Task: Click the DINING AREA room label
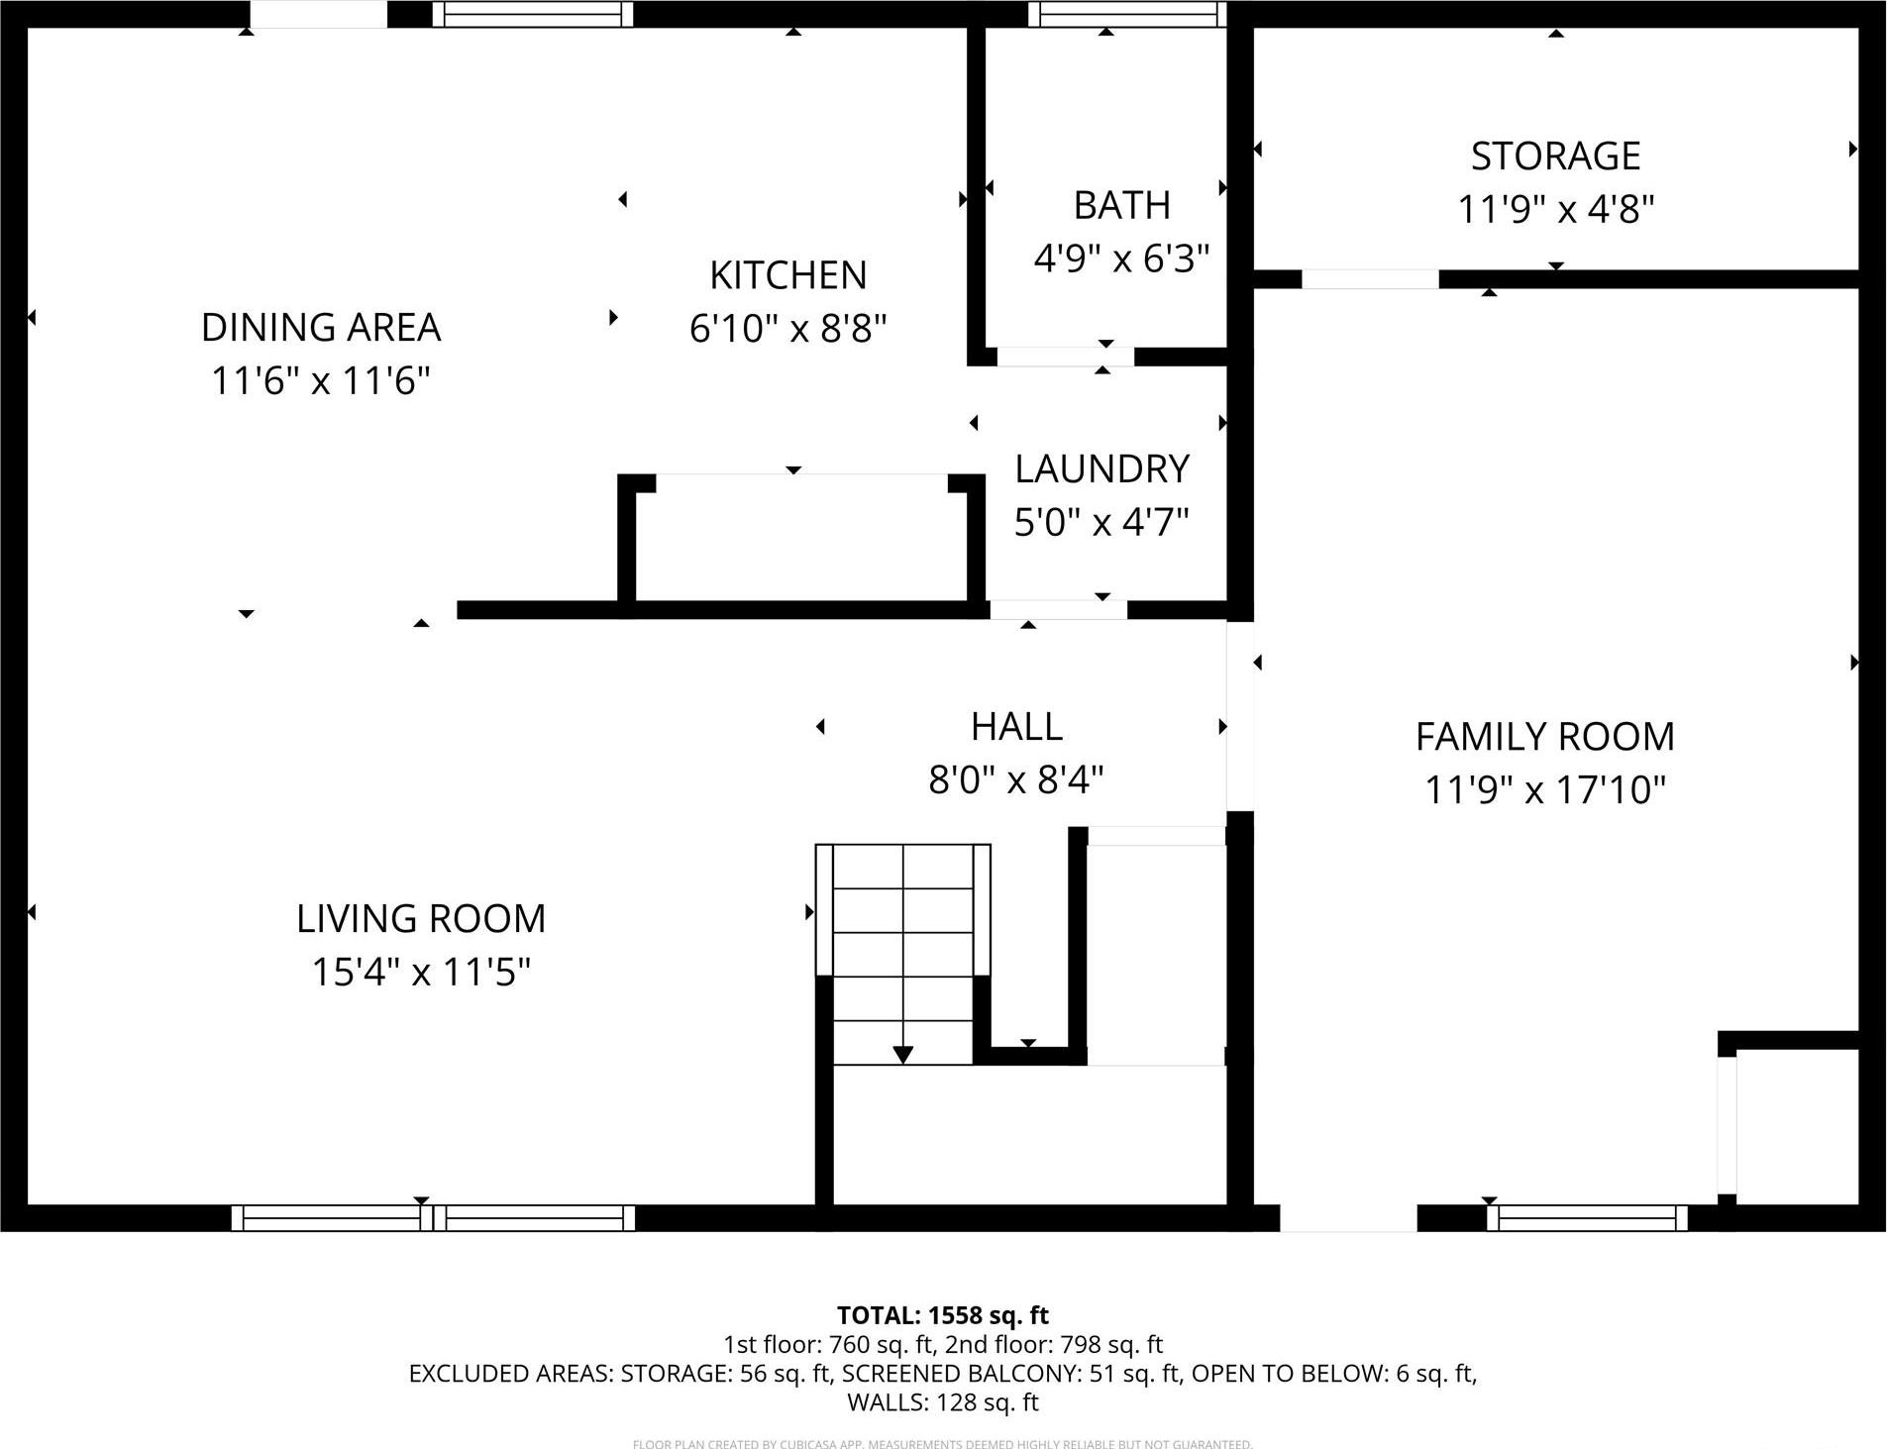[x=320, y=327]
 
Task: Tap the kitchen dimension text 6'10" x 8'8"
[x=787, y=328]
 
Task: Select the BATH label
[x=1121, y=205]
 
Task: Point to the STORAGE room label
[x=1555, y=156]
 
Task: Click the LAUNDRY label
[x=1101, y=468]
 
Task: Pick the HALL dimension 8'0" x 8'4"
[x=1015, y=780]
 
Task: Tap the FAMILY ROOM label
[x=1544, y=737]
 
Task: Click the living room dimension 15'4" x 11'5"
[x=421, y=972]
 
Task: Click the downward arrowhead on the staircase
[x=902, y=1055]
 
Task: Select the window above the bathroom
[x=1126, y=14]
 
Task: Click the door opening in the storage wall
[x=1369, y=279]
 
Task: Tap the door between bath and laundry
[x=1065, y=357]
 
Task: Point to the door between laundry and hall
[x=1058, y=610]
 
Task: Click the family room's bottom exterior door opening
[x=1348, y=1218]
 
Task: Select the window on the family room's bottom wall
[x=1587, y=1218]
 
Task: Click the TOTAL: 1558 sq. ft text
[x=942, y=1315]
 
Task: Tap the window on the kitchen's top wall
[x=533, y=14]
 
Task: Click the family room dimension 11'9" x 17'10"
[x=1544, y=790]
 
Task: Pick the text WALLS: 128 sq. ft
[x=942, y=1402]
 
